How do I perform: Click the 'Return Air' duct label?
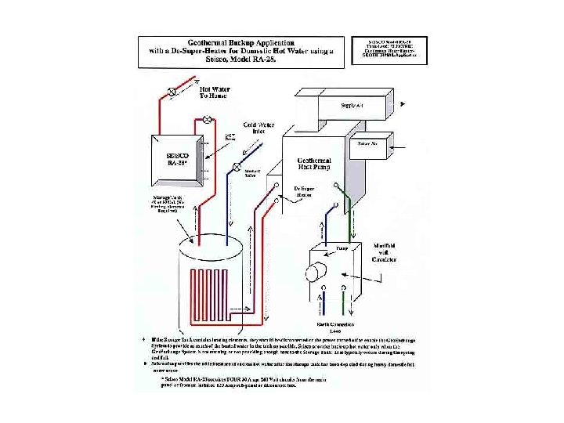(x=368, y=145)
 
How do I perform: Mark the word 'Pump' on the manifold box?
(x=342, y=248)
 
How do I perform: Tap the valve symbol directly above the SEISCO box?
(x=207, y=120)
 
